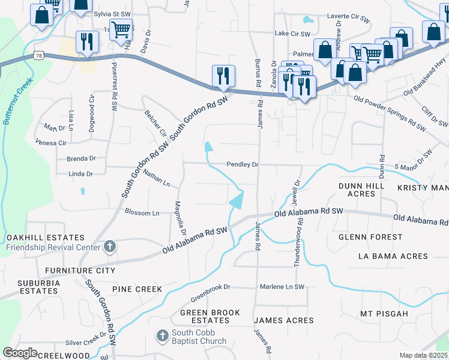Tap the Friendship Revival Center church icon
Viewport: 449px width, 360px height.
pyautogui.click(x=109, y=246)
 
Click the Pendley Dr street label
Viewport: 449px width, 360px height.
pyautogui.click(x=242, y=164)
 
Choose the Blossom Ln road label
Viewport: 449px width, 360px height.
pyautogui.click(x=142, y=212)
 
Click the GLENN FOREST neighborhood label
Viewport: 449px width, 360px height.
pyautogui.click(x=370, y=237)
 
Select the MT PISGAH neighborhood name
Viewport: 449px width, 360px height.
pyautogui.click(x=384, y=314)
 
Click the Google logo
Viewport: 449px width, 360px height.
pyautogui.click(x=20, y=353)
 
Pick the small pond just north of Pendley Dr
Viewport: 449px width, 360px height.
pyautogui.click(x=208, y=146)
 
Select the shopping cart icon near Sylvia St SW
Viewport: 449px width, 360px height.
pyautogui.click(x=121, y=29)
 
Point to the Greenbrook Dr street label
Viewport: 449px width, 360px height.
pyautogui.click(x=211, y=287)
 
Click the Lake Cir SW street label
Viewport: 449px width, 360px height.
pyautogui.click(x=292, y=34)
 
